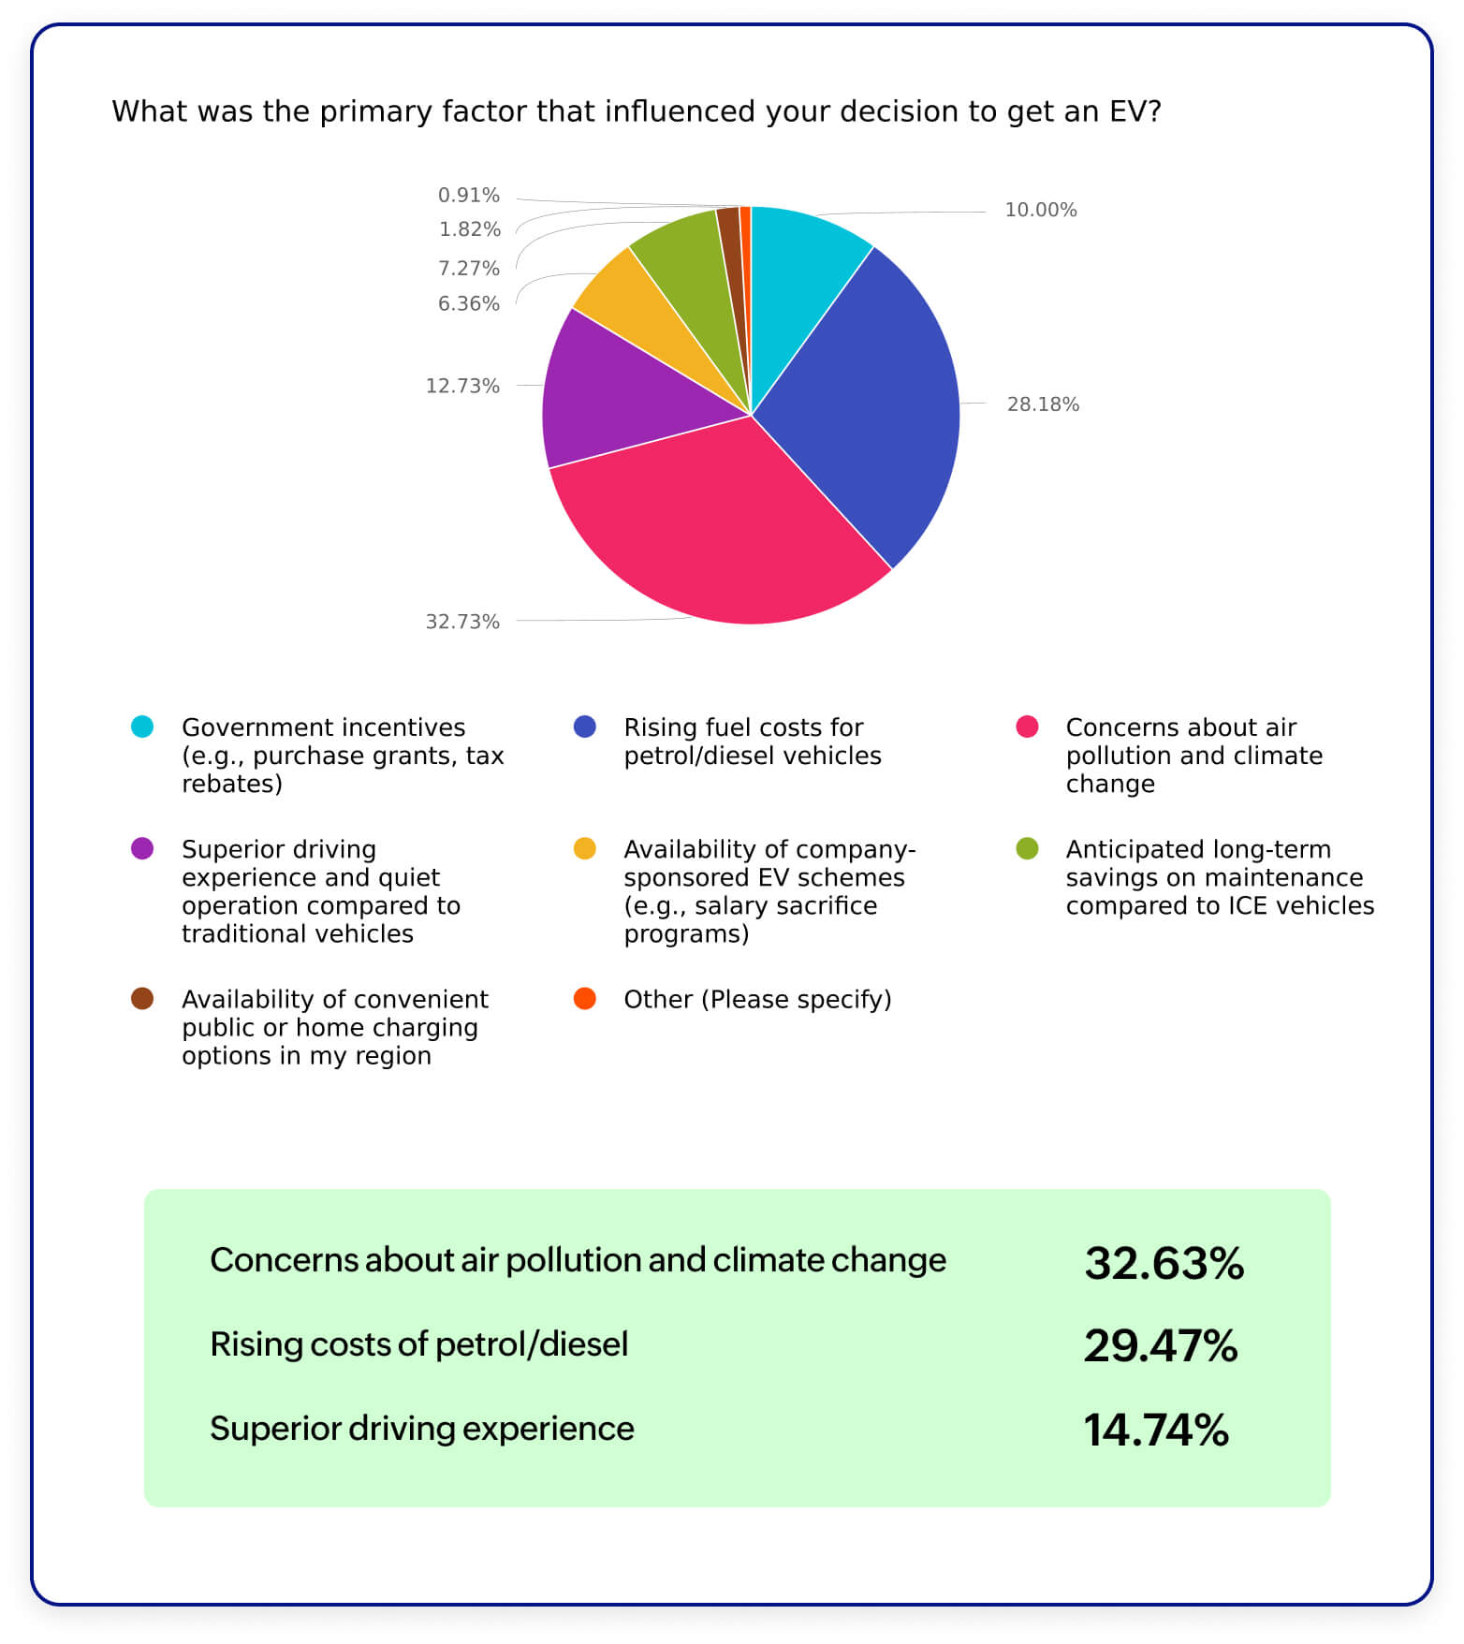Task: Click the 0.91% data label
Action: (x=468, y=196)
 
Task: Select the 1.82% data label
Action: (x=469, y=229)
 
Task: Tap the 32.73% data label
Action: (x=462, y=622)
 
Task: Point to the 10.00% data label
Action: (x=1040, y=210)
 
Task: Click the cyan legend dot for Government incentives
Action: (x=142, y=727)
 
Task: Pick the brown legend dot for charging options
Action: (x=142, y=998)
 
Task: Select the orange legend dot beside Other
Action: (x=584, y=998)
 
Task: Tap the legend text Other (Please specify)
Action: (x=757, y=999)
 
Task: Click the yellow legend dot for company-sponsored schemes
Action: (x=584, y=848)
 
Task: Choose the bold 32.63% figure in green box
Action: (x=1164, y=1263)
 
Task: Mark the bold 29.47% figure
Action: (x=1161, y=1345)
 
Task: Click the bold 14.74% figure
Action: (x=1156, y=1430)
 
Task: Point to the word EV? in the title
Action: (x=1135, y=111)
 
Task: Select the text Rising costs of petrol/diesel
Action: (x=418, y=1344)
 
